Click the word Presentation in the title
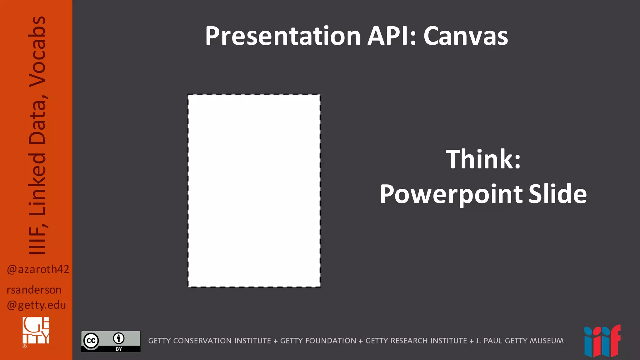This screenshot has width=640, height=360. pyautogui.click(x=283, y=36)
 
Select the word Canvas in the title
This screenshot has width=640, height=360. pyautogui.click(x=466, y=36)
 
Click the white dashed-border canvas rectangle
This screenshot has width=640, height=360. pyautogui.click(x=254, y=191)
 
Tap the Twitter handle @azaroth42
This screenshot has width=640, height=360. pyautogui.click(x=38, y=269)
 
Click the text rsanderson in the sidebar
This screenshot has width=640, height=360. pyautogui.click(x=34, y=290)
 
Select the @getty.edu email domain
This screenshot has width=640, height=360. pyautogui.click(x=36, y=305)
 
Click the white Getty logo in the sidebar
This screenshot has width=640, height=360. pyautogui.click(x=36, y=331)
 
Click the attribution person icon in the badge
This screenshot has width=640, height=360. pyautogui.click(x=119, y=338)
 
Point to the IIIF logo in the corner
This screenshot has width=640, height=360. pyautogui.click(x=602, y=341)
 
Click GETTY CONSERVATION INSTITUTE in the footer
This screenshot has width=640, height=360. pyautogui.click(x=209, y=341)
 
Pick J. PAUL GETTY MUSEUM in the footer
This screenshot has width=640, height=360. pyautogui.click(x=520, y=341)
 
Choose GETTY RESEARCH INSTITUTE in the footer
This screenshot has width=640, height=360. pyautogui.click(x=416, y=341)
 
